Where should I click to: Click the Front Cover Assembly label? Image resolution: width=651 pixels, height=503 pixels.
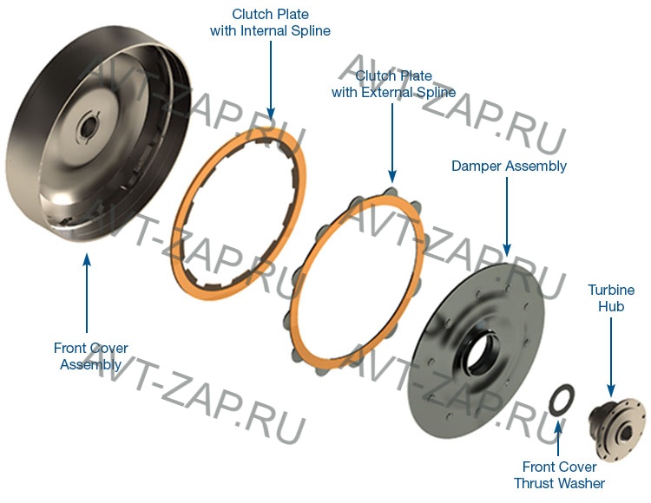tap(90, 356)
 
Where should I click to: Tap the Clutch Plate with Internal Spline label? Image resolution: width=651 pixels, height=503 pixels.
tap(270, 23)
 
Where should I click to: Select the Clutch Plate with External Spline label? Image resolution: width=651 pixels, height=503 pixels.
tap(393, 84)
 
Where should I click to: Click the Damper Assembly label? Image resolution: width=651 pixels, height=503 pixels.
tap(509, 166)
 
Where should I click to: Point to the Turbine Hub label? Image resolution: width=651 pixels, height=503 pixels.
tap(611, 297)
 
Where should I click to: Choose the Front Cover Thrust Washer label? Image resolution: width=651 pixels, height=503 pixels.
tap(559, 474)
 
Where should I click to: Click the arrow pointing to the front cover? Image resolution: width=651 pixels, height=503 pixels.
tap(87, 293)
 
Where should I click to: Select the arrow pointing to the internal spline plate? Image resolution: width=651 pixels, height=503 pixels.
tap(271, 81)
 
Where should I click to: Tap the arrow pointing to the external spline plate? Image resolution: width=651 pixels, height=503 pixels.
tap(392, 143)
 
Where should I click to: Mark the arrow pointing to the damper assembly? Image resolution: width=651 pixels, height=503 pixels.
tap(507, 217)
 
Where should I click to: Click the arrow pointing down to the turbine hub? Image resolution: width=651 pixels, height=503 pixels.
tap(611, 357)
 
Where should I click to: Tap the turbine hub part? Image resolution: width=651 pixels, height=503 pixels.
tap(617, 429)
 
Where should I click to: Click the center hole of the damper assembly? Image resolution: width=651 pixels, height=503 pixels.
tap(482, 351)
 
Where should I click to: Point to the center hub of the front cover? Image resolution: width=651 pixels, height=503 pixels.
tap(88, 127)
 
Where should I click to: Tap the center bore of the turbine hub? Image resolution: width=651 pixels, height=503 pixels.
tap(625, 434)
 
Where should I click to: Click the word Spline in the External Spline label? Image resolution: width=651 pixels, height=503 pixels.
tap(436, 92)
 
